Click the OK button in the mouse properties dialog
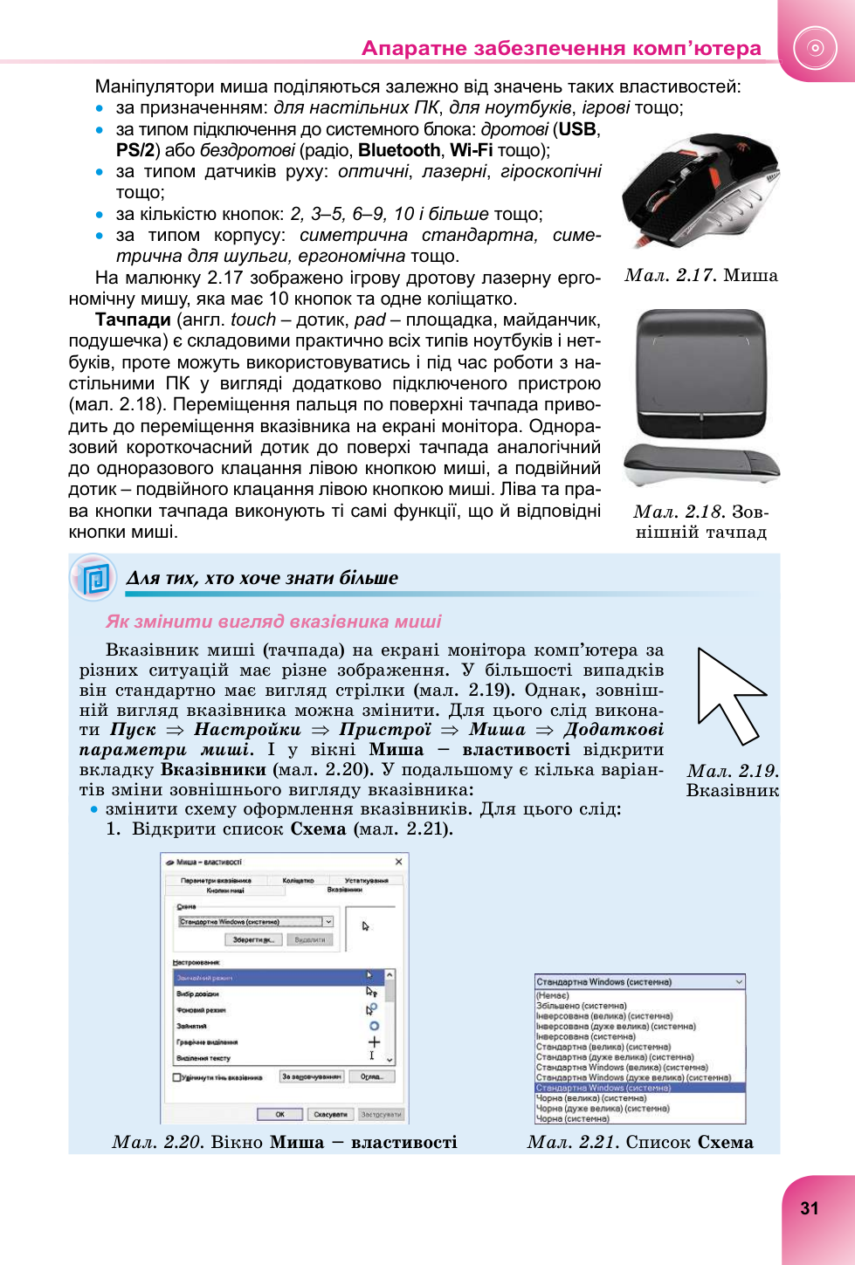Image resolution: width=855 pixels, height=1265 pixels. click(x=279, y=1114)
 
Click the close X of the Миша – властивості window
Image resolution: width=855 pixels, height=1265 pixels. click(x=398, y=862)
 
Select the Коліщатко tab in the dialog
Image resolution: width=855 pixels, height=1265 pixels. click(x=298, y=880)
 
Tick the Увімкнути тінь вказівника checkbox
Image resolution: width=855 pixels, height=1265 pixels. click(x=177, y=1077)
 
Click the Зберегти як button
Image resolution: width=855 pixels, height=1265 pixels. click(x=254, y=939)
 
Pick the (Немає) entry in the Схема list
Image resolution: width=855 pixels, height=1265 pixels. click(x=553, y=995)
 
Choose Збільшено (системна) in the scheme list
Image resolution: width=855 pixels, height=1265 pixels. click(x=582, y=1006)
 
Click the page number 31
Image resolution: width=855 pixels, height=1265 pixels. click(x=810, y=1208)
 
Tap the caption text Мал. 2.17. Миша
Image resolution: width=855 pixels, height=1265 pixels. click(x=701, y=275)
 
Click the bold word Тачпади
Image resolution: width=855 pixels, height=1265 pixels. click(x=133, y=320)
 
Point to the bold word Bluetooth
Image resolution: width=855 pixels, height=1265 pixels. click(x=399, y=150)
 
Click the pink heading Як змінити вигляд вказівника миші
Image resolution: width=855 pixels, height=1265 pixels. click(x=273, y=621)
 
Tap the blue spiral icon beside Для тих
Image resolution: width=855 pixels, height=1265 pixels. click(x=93, y=577)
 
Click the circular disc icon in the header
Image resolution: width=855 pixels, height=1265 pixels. click(x=816, y=48)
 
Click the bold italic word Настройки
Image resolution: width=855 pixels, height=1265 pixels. click(x=247, y=729)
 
